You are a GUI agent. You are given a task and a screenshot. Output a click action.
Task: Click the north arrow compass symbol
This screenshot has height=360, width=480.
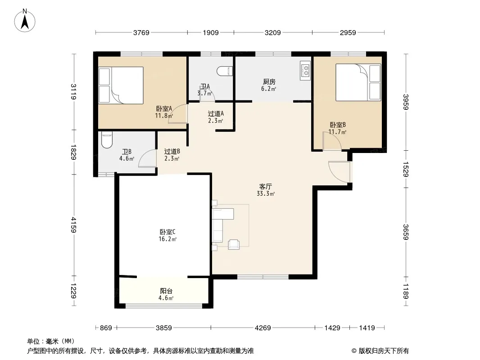[25, 21]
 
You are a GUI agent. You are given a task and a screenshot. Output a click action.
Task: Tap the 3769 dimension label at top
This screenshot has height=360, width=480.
[141, 32]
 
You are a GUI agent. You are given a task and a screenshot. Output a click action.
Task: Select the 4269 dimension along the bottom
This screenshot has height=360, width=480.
[263, 328]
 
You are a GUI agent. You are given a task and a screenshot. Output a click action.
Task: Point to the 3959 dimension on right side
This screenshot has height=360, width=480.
[406, 102]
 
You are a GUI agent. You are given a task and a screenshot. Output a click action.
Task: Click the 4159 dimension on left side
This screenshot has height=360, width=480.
[73, 225]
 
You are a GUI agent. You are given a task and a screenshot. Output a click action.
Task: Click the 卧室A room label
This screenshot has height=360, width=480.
[164, 108]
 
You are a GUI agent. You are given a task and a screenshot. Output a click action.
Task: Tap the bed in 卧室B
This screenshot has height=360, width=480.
[358, 82]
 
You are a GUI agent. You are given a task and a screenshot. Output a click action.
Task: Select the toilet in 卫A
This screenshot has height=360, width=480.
[225, 71]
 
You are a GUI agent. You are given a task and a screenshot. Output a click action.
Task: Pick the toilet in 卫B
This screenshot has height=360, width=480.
[107, 140]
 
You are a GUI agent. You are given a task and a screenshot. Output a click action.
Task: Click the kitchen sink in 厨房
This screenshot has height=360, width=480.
[305, 71]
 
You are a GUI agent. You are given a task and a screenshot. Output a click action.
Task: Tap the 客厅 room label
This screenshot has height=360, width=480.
[265, 187]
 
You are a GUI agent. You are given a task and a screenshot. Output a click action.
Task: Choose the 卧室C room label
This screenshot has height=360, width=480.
[168, 232]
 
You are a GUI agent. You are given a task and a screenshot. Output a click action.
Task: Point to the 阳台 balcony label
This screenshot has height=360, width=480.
[166, 291]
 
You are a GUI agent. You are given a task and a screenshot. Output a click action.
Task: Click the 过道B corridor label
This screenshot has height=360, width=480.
[172, 151]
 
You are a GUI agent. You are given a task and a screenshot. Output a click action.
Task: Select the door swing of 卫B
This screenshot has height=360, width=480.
[147, 158]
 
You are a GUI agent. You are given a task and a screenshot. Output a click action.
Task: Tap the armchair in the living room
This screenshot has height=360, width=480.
[234, 244]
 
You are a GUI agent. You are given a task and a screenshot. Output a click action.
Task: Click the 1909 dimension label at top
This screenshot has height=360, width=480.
[211, 32]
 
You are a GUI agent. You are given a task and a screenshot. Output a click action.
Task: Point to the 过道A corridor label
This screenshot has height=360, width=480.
[216, 114]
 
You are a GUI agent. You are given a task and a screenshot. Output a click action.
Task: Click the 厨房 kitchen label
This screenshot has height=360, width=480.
[269, 82]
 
